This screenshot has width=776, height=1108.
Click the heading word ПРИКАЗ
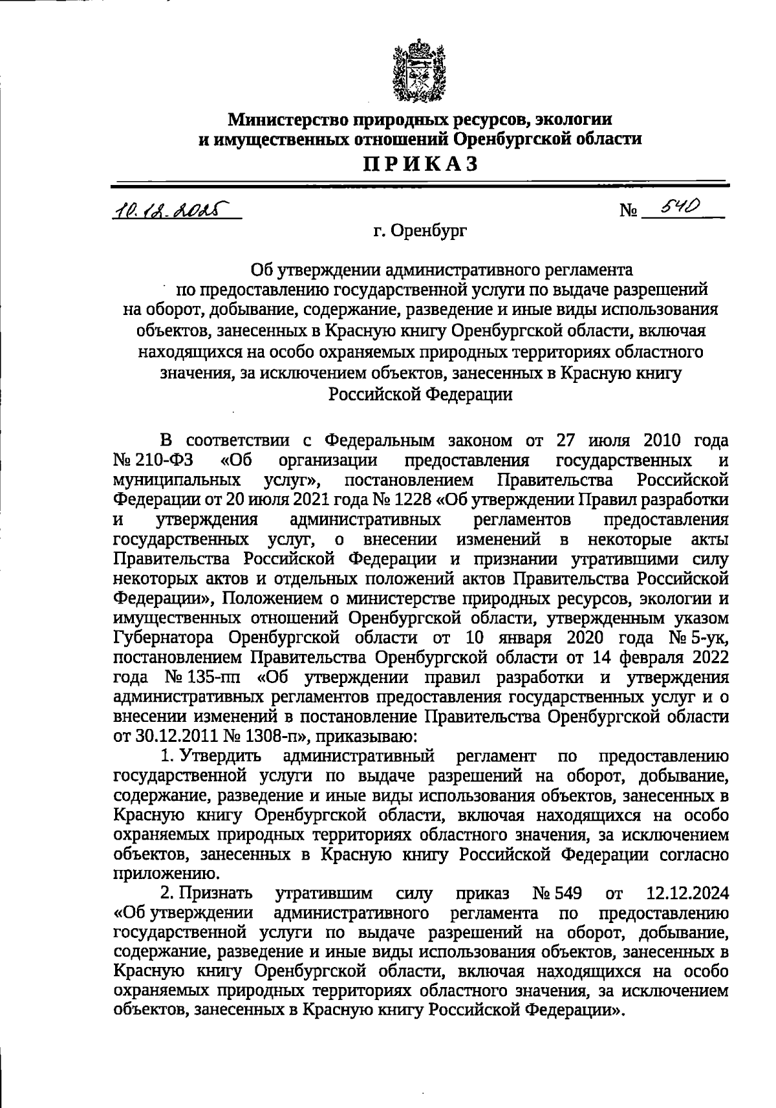coord(420,164)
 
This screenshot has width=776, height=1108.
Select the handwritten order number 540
coord(676,206)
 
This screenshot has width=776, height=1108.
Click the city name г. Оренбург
coord(420,230)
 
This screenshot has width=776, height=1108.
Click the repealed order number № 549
coord(557,895)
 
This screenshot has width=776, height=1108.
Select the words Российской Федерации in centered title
coord(420,395)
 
